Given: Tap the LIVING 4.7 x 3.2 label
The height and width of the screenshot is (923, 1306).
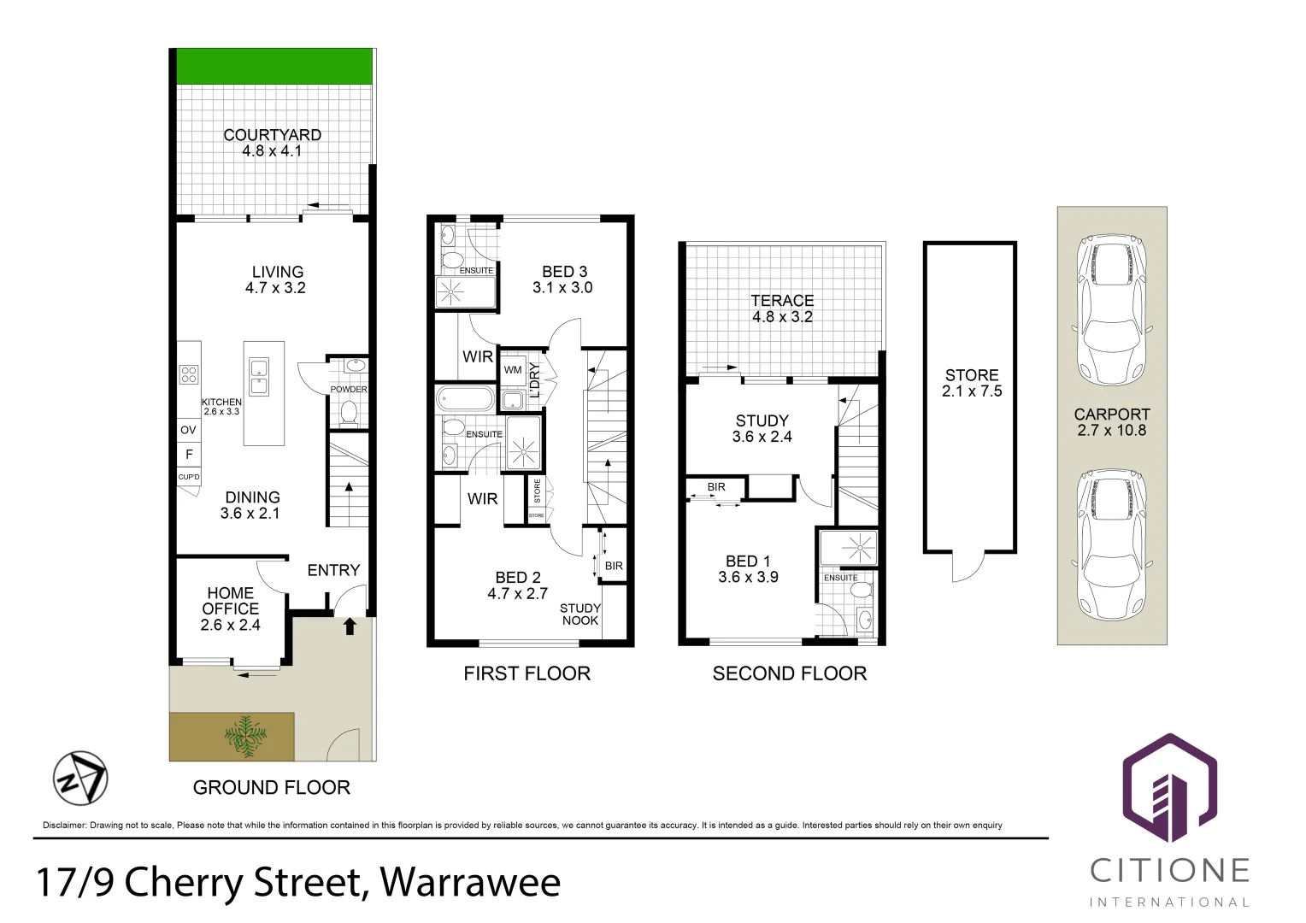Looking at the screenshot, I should pyautogui.click(x=276, y=279).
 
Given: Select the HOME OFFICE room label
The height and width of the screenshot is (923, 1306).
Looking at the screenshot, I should pyautogui.click(x=230, y=608).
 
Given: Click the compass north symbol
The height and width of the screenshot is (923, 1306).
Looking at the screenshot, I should pyautogui.click(x=80, y=779).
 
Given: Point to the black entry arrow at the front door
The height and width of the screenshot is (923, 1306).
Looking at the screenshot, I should pyautogui.click(x=349, y=626).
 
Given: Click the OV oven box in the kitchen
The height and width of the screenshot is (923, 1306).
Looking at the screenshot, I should pyautogui.click(x=189, y=430).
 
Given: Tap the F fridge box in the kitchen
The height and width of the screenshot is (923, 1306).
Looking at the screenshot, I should pyautogui.click(x=189, y=454).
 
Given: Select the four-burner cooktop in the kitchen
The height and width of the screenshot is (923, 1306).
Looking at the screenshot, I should pyautogui.click(x=189, y=374).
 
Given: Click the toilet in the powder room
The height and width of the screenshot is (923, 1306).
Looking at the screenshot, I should pyautogui.click(x=349, y=413).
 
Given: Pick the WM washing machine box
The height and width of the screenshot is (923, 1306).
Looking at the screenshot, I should pyautogui.click(x=513, y=370).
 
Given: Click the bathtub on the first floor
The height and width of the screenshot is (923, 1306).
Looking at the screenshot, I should pyautogui.click(x=465, y=399).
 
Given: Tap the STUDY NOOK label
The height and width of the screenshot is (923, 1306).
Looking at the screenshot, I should pyautogui.click(x=580, y=614).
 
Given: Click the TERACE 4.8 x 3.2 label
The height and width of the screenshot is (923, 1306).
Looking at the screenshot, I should pyautogui.click(x=782, y=309).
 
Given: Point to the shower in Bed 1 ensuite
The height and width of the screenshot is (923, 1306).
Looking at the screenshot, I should pyautogui.click(x=848, y=549).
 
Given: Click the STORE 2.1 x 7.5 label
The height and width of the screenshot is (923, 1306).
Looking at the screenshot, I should pyautogui.click(x=972, y=383).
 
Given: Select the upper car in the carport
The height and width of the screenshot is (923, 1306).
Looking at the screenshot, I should pyautogui.click(x=1111, y=309).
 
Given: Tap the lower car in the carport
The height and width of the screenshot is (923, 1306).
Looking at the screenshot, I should pyautogui.click(x=1111, y=544).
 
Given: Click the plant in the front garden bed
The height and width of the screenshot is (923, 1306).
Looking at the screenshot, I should pyautogui.click(x=245, y=738).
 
